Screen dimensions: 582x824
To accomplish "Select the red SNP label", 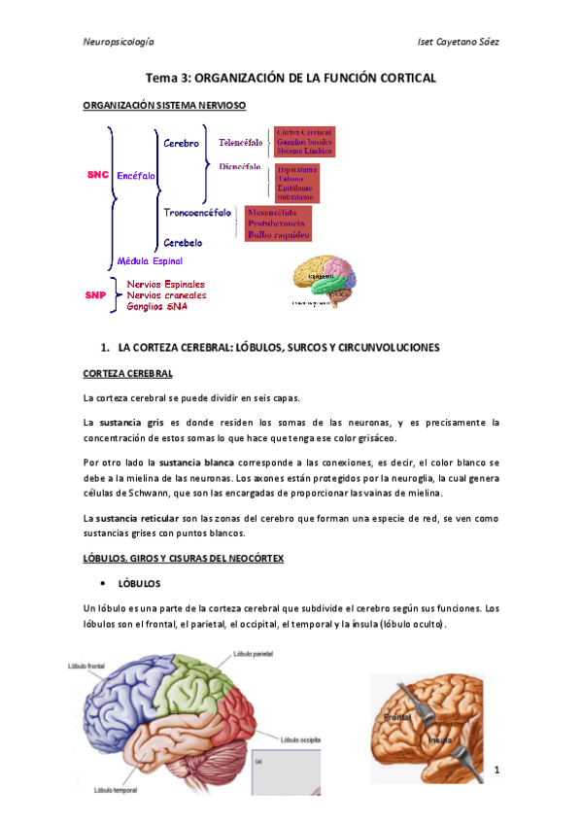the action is (94, 294).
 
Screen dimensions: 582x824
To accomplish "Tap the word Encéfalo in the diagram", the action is (135, 176).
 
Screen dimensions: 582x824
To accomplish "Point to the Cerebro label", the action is (181, 143).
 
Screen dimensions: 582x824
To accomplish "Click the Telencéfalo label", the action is (240, 143).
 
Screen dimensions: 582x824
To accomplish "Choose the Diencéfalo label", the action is (239, 166).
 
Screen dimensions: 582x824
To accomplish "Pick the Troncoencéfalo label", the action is (197, 211).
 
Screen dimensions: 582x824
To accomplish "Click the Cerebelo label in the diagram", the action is (183, 242).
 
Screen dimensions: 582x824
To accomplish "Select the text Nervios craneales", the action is (166, 294).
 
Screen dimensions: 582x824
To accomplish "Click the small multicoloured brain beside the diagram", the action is (325, 279).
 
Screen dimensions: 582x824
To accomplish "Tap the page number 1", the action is (496, 771).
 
